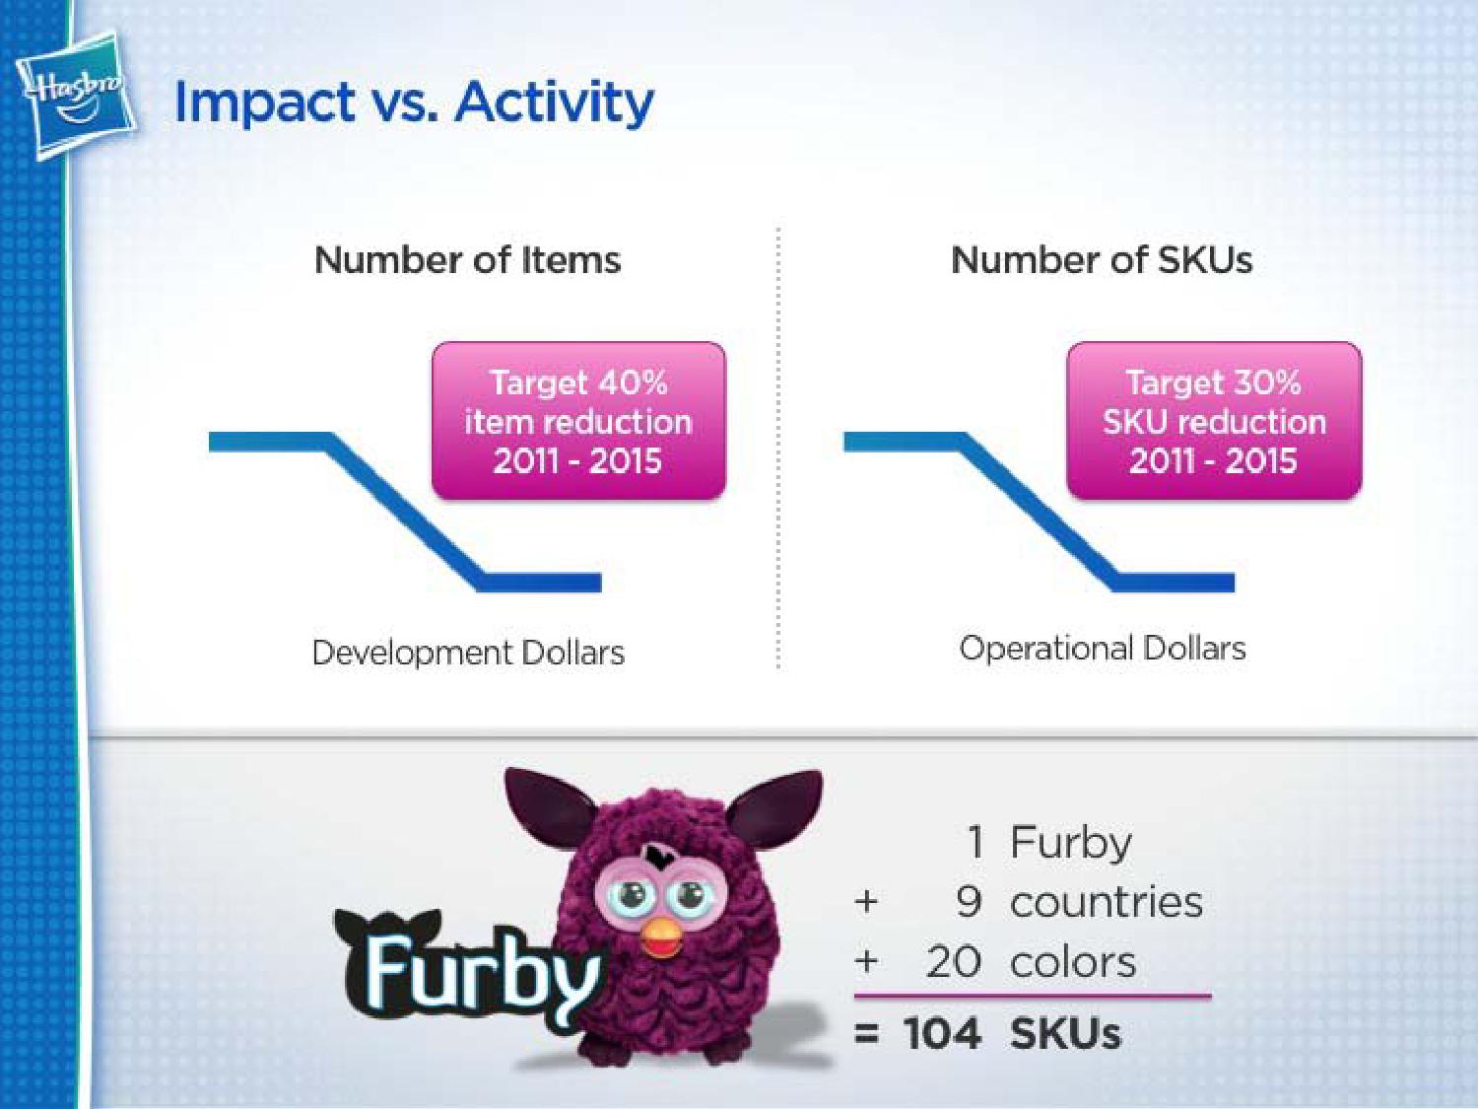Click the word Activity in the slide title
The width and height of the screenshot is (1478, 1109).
click(554, 104)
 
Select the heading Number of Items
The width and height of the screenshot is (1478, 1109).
click(467, 260)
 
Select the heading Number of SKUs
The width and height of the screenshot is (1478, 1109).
click(1102, 260)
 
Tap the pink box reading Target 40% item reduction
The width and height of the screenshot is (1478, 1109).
click(579, 421)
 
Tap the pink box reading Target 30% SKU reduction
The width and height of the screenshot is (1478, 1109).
click(1214, 421)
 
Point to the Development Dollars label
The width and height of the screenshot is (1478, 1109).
click(469, 653)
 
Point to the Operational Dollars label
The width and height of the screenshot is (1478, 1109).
click(1103, 649)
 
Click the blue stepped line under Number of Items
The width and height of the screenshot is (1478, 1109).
click(405, 512)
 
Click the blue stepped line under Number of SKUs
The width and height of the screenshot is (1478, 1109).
click(1039, 512)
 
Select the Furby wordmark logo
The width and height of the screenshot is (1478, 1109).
click(468, 970)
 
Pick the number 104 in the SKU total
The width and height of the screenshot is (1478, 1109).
click(941, 1033)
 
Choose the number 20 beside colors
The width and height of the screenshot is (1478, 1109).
click(954, 961)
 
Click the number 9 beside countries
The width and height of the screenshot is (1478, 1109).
click(969, 901)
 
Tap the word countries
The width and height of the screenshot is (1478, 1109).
click(1107, 902)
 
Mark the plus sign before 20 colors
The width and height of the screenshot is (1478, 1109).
click(866, 961)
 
